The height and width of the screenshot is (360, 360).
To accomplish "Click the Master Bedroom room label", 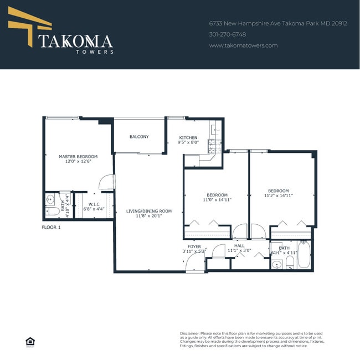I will coord(78,157).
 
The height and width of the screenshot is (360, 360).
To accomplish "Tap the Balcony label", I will coord(139,137).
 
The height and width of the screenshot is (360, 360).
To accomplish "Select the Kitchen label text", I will coord(188,137).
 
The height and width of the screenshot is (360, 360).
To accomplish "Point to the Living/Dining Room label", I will coord(148,211).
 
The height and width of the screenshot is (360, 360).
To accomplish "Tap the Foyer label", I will coord(194,246).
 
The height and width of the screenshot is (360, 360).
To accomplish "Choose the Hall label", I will coord(239,245).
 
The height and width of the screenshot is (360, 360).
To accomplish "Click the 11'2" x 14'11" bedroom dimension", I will coord(278,196).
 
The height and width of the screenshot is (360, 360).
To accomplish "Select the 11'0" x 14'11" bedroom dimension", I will coord(217,199).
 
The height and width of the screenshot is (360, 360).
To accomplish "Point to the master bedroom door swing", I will coord(107,182).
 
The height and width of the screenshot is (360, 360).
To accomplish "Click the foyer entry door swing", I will coord(195,265).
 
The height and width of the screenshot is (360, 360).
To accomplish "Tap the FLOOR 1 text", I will coord(52,227).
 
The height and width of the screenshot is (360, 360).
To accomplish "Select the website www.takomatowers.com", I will coord(243,45).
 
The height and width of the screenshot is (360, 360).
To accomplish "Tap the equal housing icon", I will coord(29,341).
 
